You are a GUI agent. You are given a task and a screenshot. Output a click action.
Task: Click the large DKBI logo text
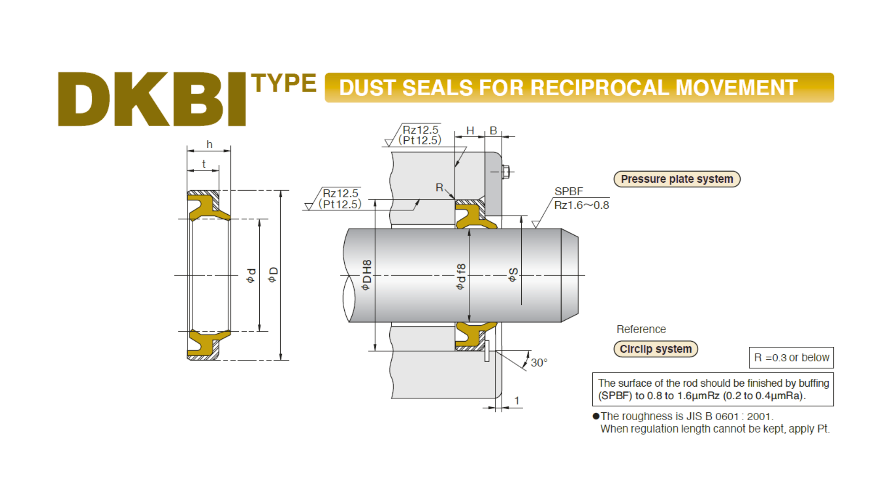coord(152,99)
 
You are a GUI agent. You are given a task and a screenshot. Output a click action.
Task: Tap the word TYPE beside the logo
coord(284,83)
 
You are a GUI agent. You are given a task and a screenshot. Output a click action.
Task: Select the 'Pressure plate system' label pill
coord(677,179)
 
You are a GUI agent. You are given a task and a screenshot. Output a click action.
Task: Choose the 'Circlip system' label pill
coord(656,349)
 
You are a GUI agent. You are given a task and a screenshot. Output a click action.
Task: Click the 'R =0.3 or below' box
coord(791,357)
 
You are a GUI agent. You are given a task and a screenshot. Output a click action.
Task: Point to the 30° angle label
coord(539,363)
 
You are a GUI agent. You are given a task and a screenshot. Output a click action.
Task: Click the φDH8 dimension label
coord(367,275)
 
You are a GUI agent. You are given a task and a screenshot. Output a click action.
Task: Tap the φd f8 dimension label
coord(460,277)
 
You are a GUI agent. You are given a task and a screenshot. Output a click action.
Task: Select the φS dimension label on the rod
coord(513,275)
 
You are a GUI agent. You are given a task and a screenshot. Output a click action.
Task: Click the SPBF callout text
coord(569,192)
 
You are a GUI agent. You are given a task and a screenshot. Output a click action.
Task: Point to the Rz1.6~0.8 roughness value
coord(581,205)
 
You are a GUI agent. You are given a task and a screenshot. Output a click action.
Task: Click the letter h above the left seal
coord(210,145)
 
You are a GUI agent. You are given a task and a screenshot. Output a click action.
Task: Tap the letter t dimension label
coord(203,164)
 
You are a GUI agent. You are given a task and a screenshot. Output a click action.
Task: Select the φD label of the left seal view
coord(273,274)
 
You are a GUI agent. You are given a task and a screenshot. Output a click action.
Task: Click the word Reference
coord(641,329)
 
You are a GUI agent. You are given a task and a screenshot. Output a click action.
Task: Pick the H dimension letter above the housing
coord(470,131)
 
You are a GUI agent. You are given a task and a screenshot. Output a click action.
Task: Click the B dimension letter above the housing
coord(493,131)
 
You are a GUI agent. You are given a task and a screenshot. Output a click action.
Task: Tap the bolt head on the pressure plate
coord(506,172)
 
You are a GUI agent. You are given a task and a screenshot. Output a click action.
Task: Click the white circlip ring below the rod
coord(487,351)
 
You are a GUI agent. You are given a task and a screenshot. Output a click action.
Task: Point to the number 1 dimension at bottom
coord(517,401)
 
